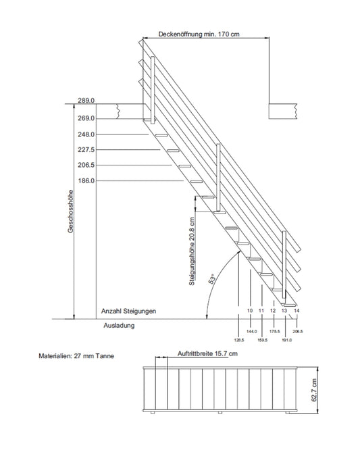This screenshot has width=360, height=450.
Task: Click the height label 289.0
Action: point(86,101)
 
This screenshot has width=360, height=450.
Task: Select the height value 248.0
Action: point(86,134)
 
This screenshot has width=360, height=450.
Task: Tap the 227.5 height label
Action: point(86,150)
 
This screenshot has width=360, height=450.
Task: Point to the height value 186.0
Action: point(86,181)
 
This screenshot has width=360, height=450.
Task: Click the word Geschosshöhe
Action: point(70,211)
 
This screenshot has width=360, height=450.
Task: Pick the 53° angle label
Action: point(212,279)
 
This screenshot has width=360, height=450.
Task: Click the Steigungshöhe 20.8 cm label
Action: point(192,251)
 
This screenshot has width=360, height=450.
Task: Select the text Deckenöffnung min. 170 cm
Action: point(199,34)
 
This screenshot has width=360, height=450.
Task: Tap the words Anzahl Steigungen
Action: point(128,311)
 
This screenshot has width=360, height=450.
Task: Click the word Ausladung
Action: point(119,326)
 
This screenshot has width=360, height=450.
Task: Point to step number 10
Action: point(250,311)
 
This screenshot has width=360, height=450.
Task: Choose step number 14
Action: point(297,311)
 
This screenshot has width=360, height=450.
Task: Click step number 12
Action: point(273,311)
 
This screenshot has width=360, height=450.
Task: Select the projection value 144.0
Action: point(251,332)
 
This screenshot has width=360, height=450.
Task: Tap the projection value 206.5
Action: point(297,332)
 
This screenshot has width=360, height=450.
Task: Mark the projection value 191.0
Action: point(287,340)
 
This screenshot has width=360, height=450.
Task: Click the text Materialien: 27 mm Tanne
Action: point(76,356)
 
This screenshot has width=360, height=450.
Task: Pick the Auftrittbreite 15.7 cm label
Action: point(207,353)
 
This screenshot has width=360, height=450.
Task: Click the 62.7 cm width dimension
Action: point(314,390)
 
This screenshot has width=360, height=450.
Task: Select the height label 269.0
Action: point(86,118)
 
